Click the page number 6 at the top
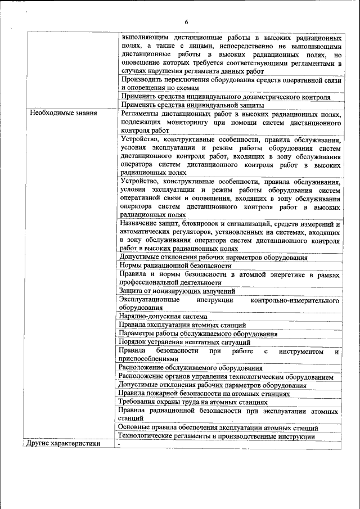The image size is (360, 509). [186, 22]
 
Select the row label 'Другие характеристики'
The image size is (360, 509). [63, 444]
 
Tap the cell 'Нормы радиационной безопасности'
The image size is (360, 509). [175, 265]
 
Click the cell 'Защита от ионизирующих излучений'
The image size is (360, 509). [177, 291]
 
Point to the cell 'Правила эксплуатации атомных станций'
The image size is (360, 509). [182, 325]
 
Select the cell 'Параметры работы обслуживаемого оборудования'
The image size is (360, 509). [198, 334]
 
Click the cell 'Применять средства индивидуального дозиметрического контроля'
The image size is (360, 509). [225, 97]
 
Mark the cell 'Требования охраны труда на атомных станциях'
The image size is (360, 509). [193, 402]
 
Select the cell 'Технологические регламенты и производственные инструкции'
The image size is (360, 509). [217, 436]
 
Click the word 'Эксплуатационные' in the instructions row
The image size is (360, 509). [149, 299]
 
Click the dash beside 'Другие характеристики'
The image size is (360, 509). [120, 444]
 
